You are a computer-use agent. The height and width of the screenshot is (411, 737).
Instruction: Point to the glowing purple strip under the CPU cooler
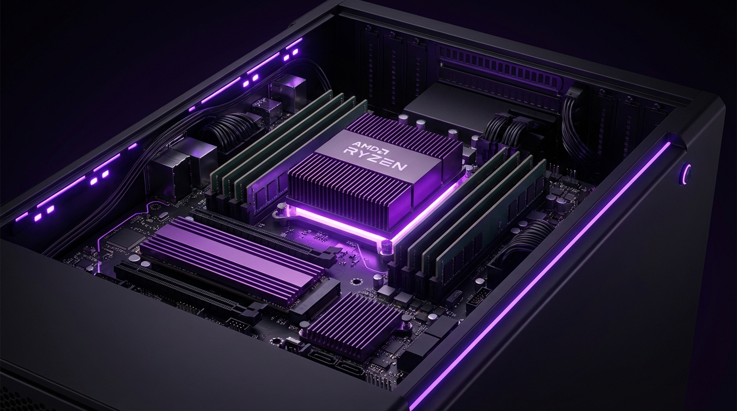click(x=343, y=222)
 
